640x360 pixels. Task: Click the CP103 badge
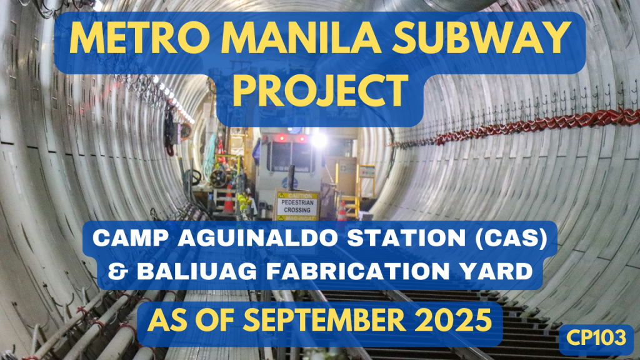point(596,338)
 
